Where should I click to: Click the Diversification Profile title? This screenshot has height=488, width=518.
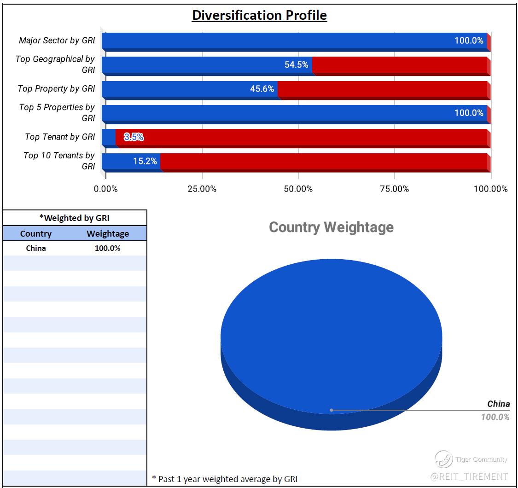click(x=259, y=15)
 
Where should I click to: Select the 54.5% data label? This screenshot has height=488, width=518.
click(x=296, y=64)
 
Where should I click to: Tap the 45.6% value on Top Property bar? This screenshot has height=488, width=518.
click(x=262, y=88)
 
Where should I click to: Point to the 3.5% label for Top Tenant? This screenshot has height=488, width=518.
click(x=134, y=137)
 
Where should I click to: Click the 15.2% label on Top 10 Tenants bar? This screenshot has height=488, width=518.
click(x=145, y=161)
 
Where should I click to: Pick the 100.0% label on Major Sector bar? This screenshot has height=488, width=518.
click(x=469, y=41)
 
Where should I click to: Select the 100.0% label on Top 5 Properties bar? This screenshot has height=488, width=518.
click(x=469, y=113)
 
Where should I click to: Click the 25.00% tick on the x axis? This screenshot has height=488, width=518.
click(x=202, y=189)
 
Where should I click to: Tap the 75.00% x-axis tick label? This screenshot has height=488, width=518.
click(x=395, y=189)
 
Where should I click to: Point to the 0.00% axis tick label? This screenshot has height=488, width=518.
click(x=106, y=189)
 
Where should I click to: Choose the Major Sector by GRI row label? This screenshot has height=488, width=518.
click(x=57, y=41)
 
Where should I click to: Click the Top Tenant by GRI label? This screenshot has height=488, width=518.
click(x=60, y=137)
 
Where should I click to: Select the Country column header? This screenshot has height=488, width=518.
click(x=36, y=233)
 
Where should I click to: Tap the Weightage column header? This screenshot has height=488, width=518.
click(x=108, y=233)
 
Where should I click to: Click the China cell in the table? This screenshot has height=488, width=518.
click(x=36, y=248)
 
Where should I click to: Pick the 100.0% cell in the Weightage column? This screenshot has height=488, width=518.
click(x=108, y=248)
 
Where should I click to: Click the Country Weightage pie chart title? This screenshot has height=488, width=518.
click(x=331, y=227)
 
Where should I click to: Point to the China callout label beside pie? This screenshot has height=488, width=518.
click(x=499, y=404)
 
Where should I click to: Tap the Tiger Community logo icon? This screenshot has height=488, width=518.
click(x=443, y=459)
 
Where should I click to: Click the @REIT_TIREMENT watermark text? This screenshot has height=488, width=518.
click(x=469, y=476)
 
